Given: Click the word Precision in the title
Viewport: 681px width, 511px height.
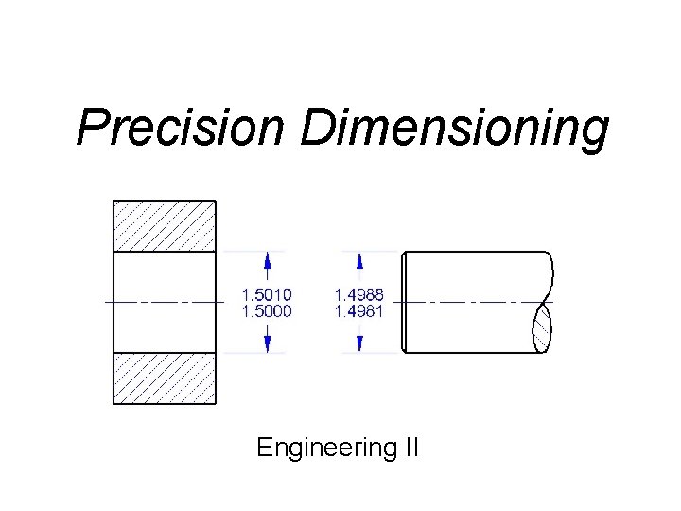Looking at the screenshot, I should [181, 128].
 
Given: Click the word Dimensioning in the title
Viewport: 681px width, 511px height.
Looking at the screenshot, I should [453, 128].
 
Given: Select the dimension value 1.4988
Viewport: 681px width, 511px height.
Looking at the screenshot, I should [358, 295].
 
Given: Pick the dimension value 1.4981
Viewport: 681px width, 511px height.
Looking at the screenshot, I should [358, 309].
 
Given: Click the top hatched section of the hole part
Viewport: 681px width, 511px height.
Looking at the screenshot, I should [165, 226].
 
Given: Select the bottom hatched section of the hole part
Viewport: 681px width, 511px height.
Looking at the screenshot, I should [165, 378].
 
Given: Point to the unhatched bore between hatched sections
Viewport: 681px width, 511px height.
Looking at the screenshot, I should [165, 302].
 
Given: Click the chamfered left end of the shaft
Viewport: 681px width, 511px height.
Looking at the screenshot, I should [404, 302].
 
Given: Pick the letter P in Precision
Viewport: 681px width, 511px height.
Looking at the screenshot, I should [92, 128].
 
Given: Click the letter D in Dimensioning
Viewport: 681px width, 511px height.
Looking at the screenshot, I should [317, 128].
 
